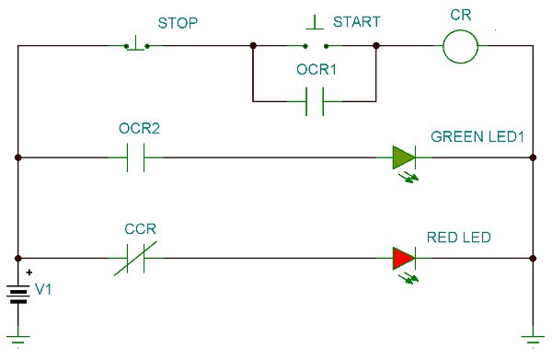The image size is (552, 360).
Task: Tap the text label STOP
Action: tap(177, 19)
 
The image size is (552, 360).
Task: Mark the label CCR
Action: tap(140, 229)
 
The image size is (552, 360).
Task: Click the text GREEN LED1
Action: tap(477, 136)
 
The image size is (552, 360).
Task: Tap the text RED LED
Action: tap(458, 238)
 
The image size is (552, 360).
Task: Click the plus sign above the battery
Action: tap(29, 273)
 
